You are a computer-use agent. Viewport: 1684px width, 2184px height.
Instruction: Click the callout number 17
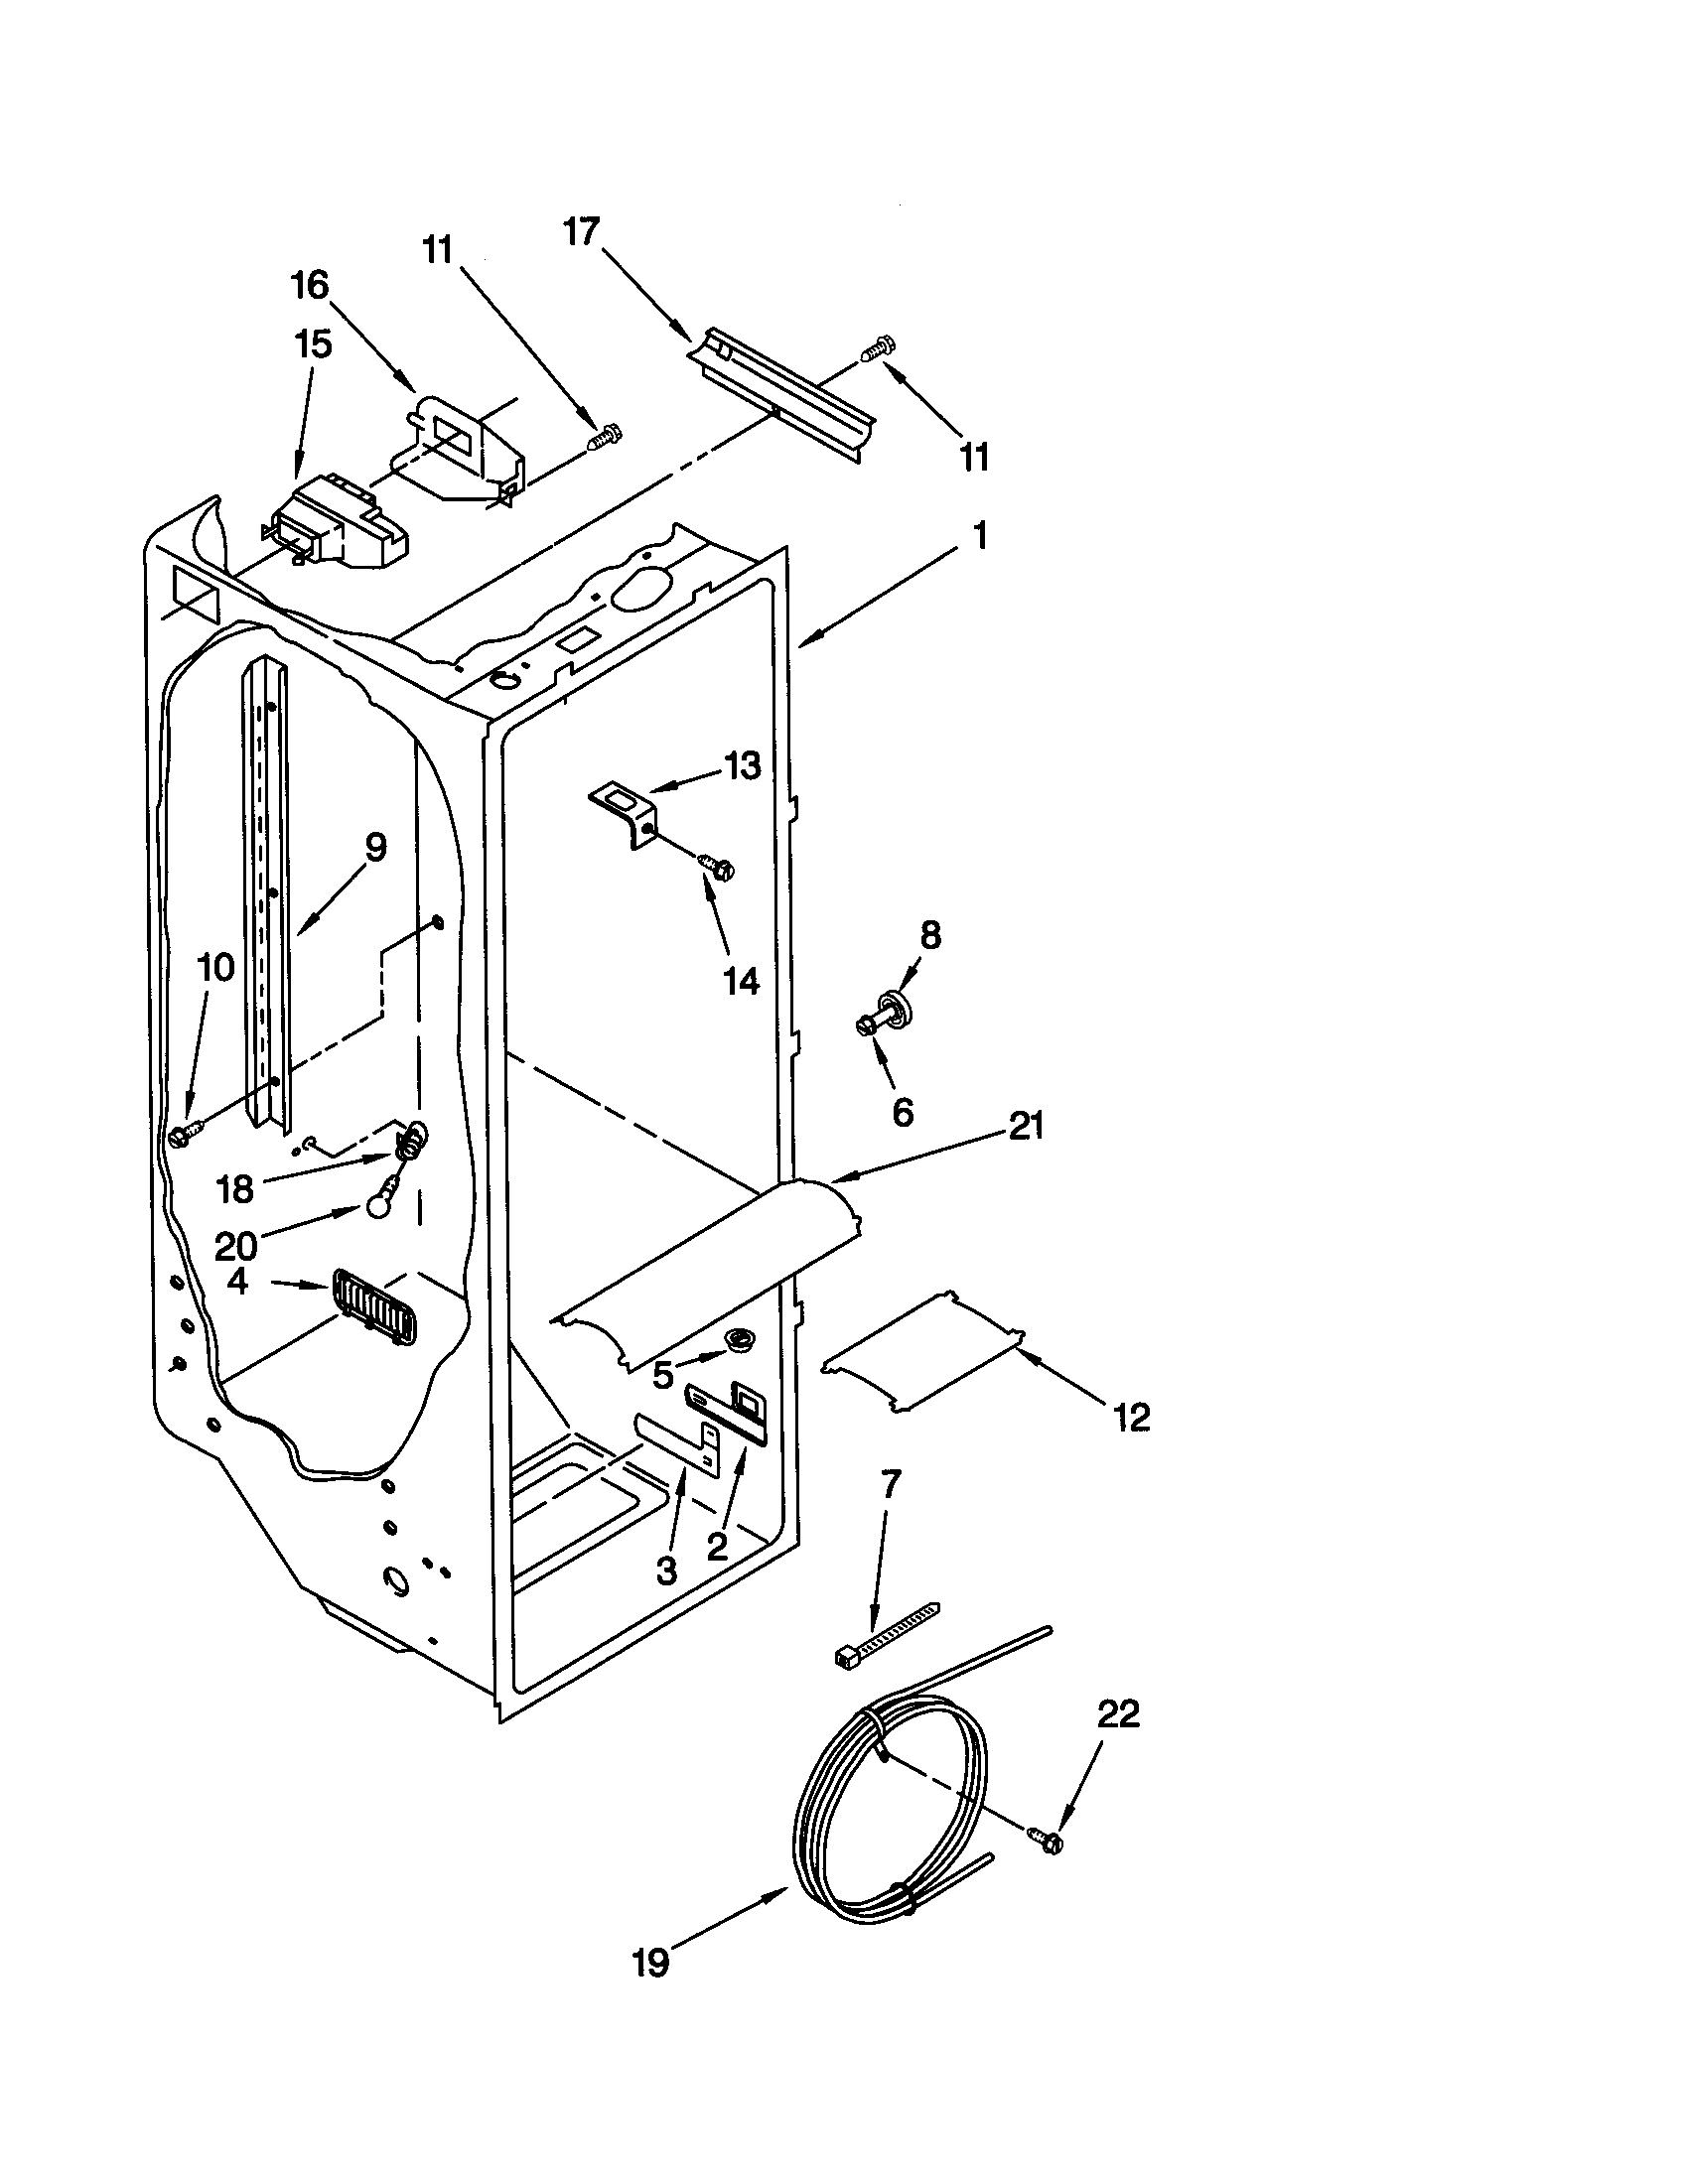click(x=580, y=232)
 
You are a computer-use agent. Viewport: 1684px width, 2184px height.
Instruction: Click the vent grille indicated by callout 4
click(x=372, y=1308)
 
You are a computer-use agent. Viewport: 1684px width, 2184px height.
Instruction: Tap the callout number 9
click(x=374, y=847)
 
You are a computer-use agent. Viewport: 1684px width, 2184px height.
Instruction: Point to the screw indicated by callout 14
click(x=718, y=865)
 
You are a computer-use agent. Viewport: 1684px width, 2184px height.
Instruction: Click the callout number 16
click(x=310, y=285)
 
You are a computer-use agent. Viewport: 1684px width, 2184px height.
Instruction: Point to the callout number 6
click(x=902, y=1111)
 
